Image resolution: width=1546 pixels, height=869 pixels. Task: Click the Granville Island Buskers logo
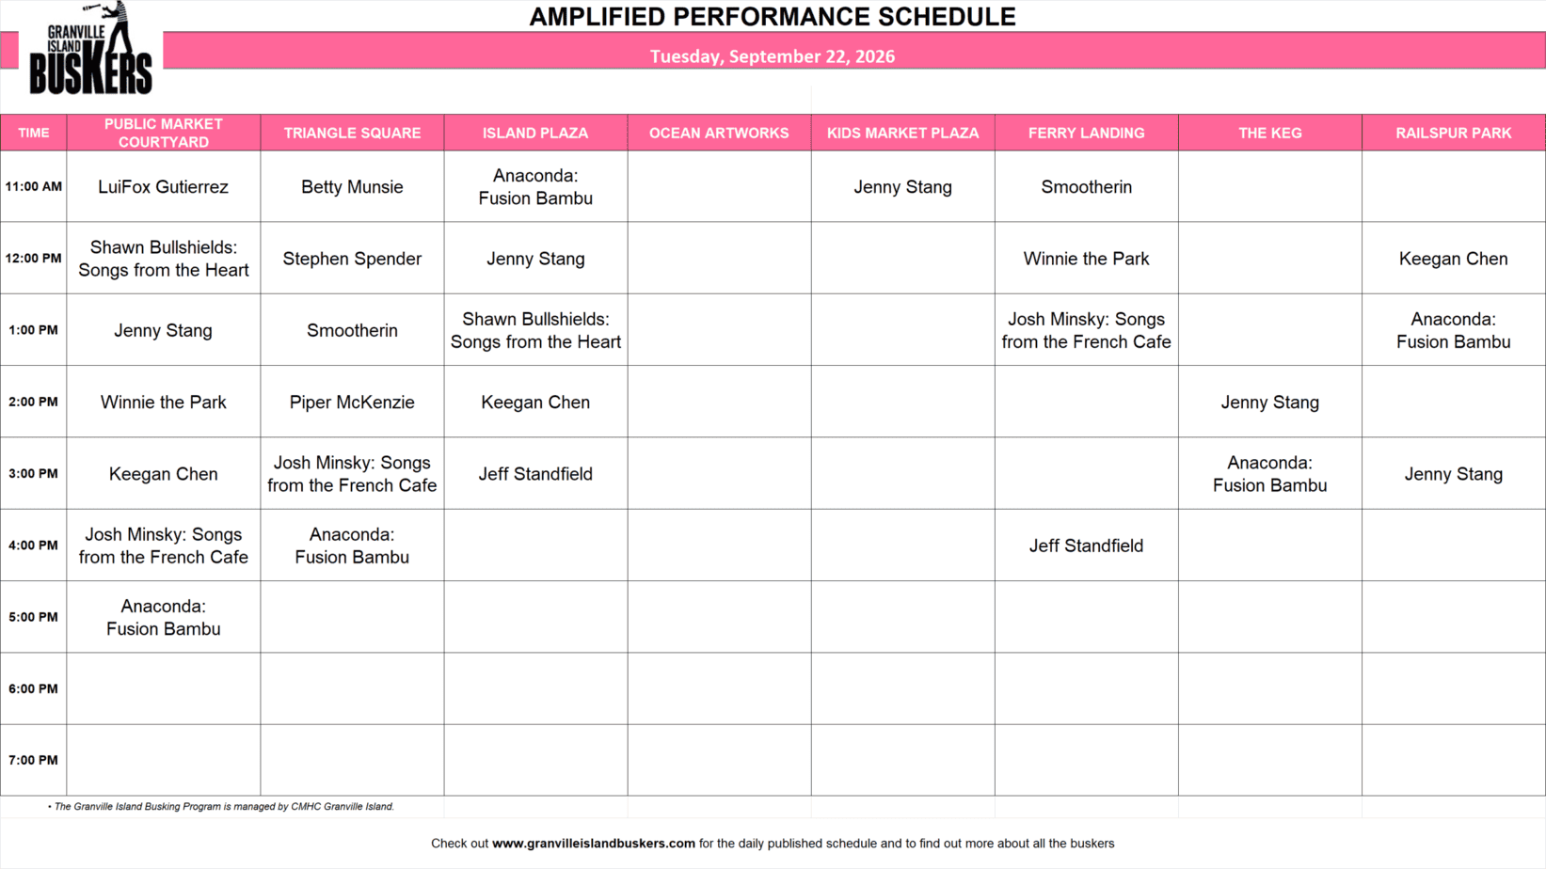coord(90,48)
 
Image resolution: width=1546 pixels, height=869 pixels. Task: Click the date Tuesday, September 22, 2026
coord(773,55)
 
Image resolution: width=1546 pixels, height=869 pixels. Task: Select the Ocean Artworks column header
coord(719,134)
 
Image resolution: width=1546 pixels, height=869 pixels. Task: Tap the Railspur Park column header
coord(1453,134)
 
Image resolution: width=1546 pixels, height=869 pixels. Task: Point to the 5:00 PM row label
coord(33,617)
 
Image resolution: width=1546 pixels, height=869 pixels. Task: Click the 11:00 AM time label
coord(33,186)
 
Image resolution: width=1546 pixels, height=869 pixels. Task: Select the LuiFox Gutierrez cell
coord(163,187)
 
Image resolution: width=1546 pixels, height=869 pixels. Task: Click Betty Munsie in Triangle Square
coord(352,187)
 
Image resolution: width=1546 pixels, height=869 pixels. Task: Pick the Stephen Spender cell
coord(352,259)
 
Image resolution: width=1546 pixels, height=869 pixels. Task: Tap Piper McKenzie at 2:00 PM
coord(352,403)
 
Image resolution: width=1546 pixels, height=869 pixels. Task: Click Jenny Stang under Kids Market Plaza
coord(902,187)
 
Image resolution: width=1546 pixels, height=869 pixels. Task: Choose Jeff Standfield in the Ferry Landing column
coord(1087,545)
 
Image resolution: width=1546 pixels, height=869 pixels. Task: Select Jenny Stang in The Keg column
coord(1270,403)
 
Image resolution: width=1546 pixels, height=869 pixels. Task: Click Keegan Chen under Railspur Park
coord(1453,259)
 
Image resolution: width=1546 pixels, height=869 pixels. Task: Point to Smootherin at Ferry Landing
coord(1087,187)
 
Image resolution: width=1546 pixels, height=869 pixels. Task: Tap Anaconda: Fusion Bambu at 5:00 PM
coord(163,617)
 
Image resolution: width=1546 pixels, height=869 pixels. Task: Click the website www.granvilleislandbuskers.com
coord(594,843)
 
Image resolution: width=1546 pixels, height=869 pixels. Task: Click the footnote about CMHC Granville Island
coord(221,806)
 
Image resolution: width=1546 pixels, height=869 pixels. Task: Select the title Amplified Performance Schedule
coord(773,17)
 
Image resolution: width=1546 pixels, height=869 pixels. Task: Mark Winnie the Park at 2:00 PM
coord(163,403)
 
